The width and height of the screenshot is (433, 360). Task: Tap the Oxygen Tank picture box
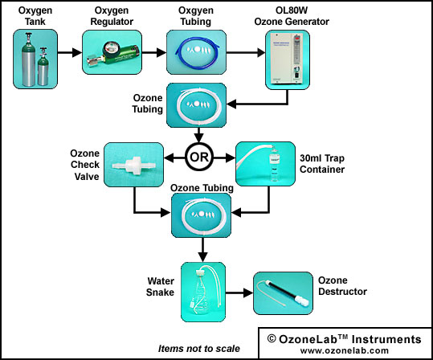pos(35,59)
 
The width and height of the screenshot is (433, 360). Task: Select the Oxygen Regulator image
pos(112,52)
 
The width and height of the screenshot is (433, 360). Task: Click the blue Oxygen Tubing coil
pos(196,52)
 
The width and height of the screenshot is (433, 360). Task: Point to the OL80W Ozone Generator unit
pos(288,59)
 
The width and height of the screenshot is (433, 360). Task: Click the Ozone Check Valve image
pos(133,165)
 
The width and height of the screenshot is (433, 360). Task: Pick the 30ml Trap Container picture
pos(265,164)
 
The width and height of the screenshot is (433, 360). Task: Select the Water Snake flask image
pos(203,292)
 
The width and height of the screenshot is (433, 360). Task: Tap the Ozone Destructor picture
pos(283,293)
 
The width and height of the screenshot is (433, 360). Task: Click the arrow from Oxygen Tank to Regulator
pos(70,52)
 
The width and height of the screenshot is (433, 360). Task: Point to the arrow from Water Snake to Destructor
pos(239,292)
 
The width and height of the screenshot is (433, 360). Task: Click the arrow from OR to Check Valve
pos(174,158)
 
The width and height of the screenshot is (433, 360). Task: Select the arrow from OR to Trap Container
pos(224,158)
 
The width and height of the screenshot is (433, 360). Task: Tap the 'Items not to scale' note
pos(199,349)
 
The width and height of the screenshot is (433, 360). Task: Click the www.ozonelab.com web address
pos(345,350)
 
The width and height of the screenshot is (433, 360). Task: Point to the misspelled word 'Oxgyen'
pos(196,10)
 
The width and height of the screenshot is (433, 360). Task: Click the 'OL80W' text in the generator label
pos(292,10)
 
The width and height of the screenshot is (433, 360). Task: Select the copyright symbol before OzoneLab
pos(272,339)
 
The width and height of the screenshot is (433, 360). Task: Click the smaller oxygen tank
pos(43,67)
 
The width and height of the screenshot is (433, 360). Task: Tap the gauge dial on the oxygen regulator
pos(109,47)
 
